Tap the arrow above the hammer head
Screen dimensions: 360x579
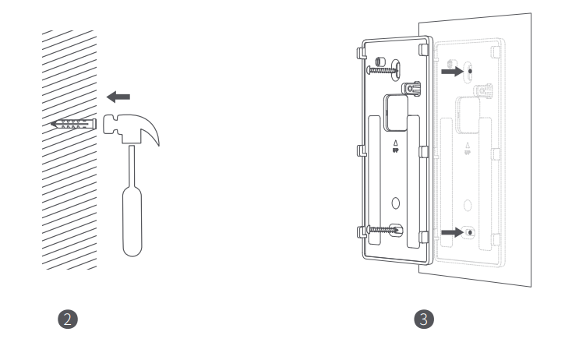click(118, 97)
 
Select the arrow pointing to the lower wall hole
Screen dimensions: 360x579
click(452, 231)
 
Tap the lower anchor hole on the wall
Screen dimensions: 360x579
click(468, 232)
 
